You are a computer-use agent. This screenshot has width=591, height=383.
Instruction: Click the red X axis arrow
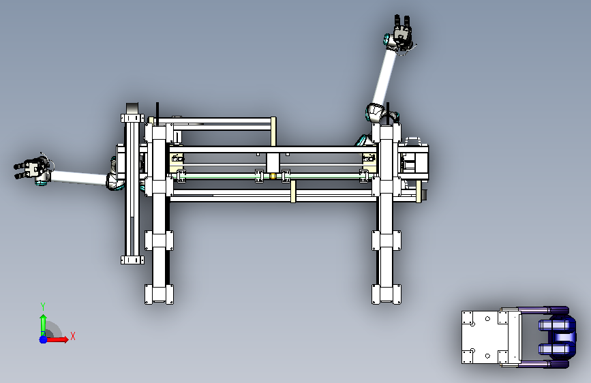click(x=57, y=339)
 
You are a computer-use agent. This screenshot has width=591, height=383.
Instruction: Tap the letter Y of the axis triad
click(x=43, y=307)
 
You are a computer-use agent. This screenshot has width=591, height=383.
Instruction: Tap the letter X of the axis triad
click(x=73, y=336)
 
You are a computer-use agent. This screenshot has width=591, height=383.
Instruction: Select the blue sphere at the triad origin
click(x=43, y=339)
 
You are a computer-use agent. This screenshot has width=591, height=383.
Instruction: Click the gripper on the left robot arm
click(x=32, y=168)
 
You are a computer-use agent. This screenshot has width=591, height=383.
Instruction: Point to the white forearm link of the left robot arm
click(x=78, y=178)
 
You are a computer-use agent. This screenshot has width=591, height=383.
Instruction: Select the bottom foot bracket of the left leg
click(x=159, y=294)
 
